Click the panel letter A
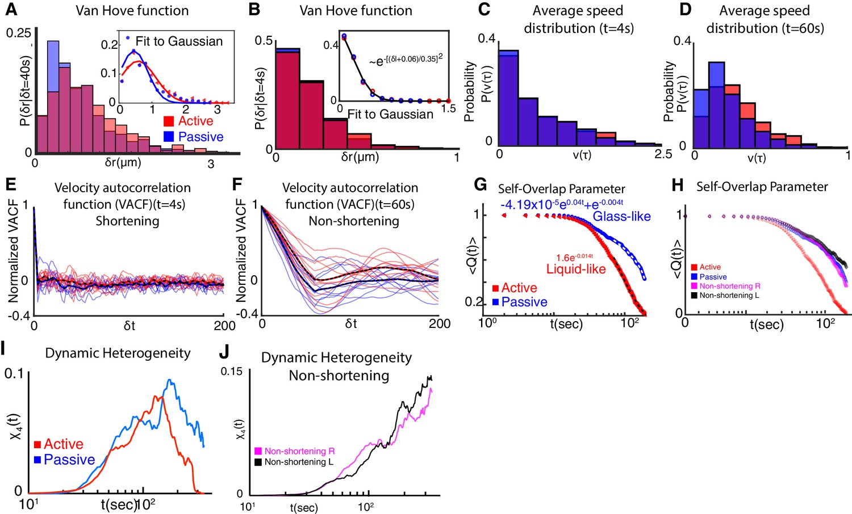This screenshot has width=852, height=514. click(x=11, y=10)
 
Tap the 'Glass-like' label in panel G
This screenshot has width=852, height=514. click(x=621, y=216)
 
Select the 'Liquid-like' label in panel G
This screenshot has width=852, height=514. click(x=576, y=269)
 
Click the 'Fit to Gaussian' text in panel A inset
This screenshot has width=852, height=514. click(x=179, y=41)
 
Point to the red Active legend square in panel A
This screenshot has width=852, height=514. click(x=169, y=121)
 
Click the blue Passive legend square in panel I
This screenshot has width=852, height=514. click(x=37, y=460)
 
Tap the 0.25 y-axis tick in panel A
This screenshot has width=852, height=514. click(x=19, y=33)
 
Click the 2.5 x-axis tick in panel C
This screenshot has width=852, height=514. click(x=663, y=154)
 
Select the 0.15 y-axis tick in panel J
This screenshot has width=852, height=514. click(x=231, y=372)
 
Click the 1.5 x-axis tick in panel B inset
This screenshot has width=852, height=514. click(x=448, y=108)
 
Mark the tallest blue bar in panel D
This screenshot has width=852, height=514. click(x=716, y=105)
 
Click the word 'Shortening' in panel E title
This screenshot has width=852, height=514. click(x=127, y=220)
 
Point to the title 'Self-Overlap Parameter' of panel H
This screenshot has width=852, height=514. click(x=762, y=187)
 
